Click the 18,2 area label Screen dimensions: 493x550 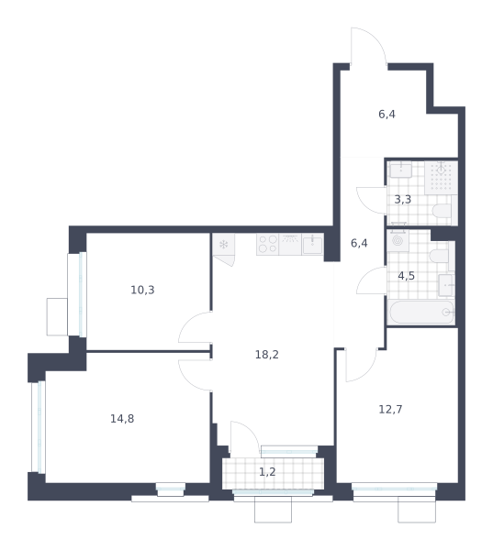coord(267,355)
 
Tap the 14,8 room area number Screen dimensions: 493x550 coord(122,419)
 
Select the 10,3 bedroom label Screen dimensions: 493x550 coord(142,290)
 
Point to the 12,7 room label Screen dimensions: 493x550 coord(390,409)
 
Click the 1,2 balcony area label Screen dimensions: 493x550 coord(267,472)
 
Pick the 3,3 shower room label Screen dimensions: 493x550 coord(403,199)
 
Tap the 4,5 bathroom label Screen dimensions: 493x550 coord(406,276)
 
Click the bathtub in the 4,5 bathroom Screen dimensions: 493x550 coord(421,313)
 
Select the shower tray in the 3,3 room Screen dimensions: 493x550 coord(441,178)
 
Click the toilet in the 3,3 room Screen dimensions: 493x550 coord(443,211)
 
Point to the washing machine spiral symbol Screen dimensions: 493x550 coord(398,240)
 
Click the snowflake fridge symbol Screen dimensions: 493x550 coord(223,244)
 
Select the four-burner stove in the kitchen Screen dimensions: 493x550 coord(268,244)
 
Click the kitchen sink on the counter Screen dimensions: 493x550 coord(312,245)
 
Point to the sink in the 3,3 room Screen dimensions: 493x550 coord(401,170)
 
